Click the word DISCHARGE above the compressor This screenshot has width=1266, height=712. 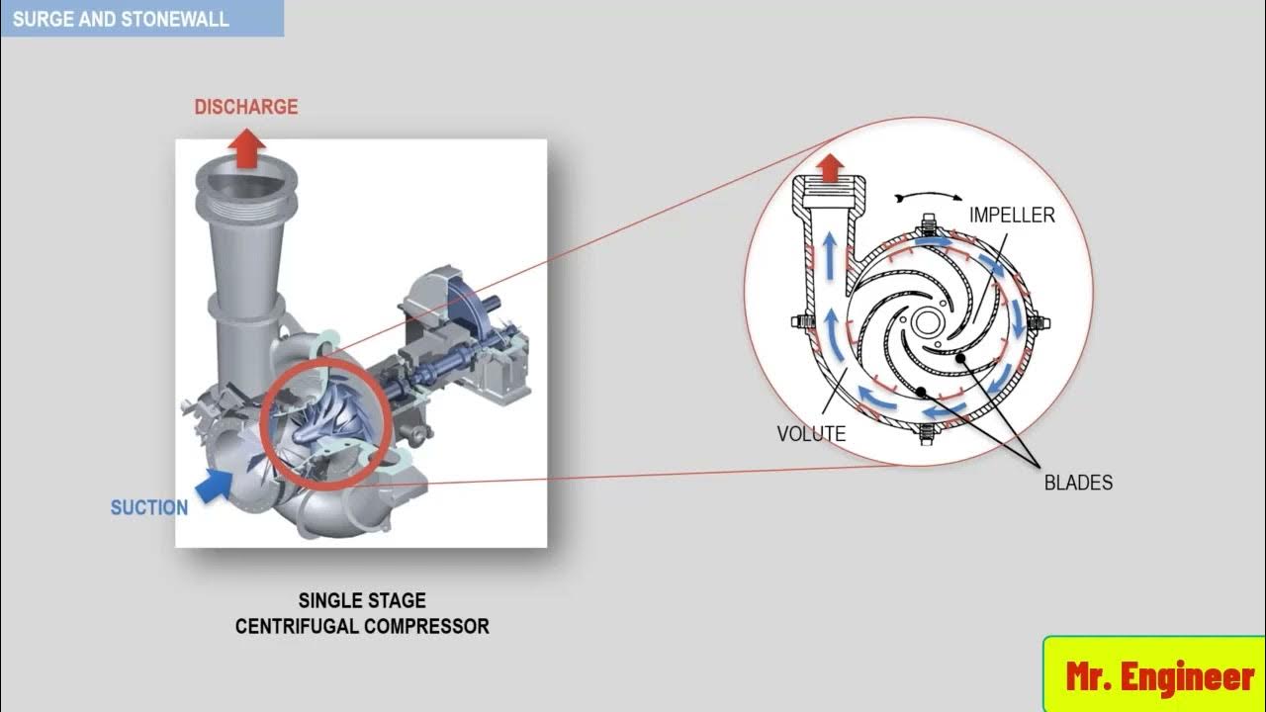245,107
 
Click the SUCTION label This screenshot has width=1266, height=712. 149,508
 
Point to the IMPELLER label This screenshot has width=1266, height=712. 1012,215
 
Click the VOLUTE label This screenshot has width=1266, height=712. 811,434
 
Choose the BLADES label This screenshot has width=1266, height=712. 1078,483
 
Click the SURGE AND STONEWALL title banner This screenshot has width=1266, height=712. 122,18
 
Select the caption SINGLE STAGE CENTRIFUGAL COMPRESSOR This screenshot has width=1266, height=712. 362,613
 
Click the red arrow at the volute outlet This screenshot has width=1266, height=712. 832,164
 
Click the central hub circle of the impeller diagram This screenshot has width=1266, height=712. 928,321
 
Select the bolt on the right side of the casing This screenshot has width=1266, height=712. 1040,321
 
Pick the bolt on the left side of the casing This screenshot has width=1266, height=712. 799,320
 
